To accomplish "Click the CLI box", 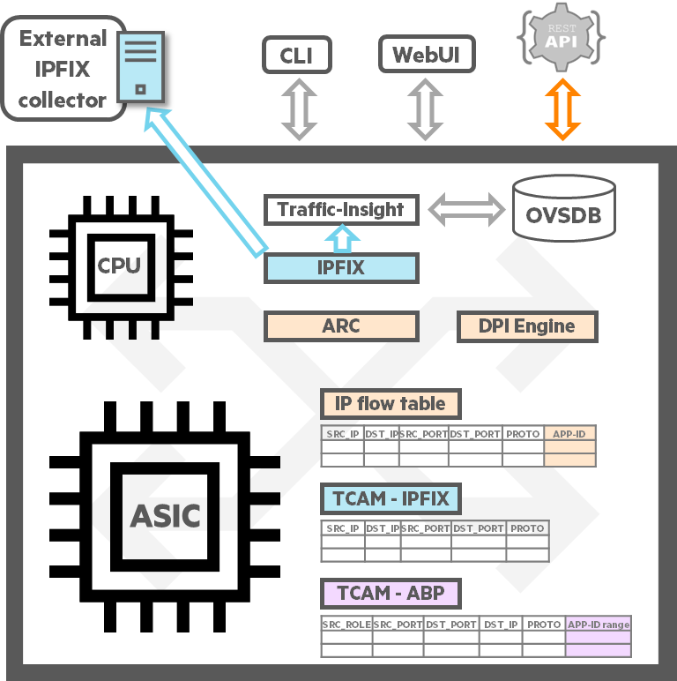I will [298, 56].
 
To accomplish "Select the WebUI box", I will [427, 56].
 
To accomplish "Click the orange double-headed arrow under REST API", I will [562, 109].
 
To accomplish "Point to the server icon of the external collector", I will [141, 66].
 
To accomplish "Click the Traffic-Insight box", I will [341, 210].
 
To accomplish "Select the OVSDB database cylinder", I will [564, 209].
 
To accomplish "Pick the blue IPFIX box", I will [341, 268].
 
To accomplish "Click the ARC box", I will [341, 326].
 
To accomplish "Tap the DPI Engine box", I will [526, 326].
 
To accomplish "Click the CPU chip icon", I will [120, 266].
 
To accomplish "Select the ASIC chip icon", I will [166, 515].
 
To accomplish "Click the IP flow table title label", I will [390, 404].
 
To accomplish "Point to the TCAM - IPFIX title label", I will [390, 498].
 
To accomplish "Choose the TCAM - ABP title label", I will [390, 593].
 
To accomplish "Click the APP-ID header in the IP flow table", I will [570, 433].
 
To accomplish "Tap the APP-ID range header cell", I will [599, 625].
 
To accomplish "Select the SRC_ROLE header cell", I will [346, 625].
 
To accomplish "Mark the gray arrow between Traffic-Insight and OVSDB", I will [465, 210].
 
